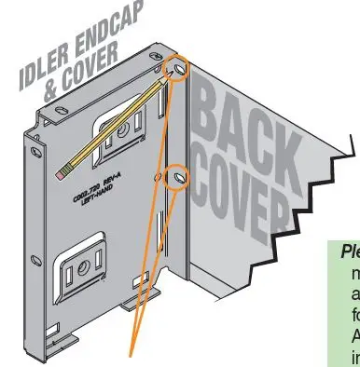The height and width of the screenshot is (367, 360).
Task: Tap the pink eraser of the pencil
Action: click(64, 172)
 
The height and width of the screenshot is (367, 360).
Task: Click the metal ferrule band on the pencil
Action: click(74, 164)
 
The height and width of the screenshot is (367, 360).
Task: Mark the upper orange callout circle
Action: click(175, 71)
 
